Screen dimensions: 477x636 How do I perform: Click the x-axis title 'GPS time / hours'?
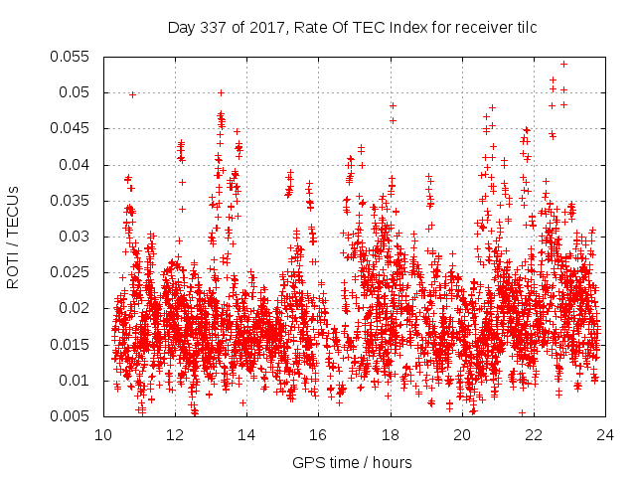coord(353,462)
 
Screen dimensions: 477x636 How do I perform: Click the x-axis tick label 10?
coord(103,434)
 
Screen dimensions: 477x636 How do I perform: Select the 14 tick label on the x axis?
coord(246,434)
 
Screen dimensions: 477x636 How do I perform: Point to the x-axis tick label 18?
coord(391,434)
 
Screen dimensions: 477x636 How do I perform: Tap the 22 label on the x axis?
coord(534,434)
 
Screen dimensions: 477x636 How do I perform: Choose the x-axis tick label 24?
coord(605,434)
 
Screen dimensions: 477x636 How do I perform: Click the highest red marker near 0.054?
coord(563,64)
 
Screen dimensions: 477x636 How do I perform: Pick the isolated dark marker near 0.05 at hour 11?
coord(132,94)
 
